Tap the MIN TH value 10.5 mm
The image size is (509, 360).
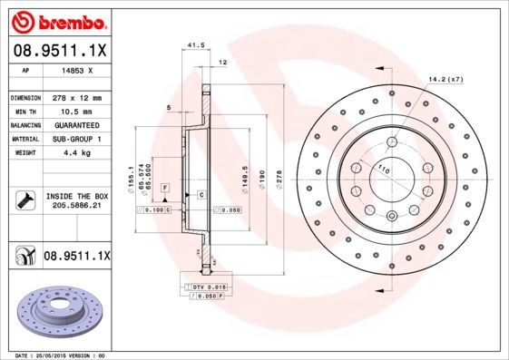click(x=73, y=110)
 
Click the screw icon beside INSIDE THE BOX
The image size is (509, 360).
click(x=25, y=201)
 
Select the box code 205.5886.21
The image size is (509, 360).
click(x=76, y=207)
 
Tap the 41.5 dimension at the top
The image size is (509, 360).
click(x=192, y=44)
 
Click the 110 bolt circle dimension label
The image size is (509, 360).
click(x=382, y=170)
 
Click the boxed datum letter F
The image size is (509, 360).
click(x=166, y=186)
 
